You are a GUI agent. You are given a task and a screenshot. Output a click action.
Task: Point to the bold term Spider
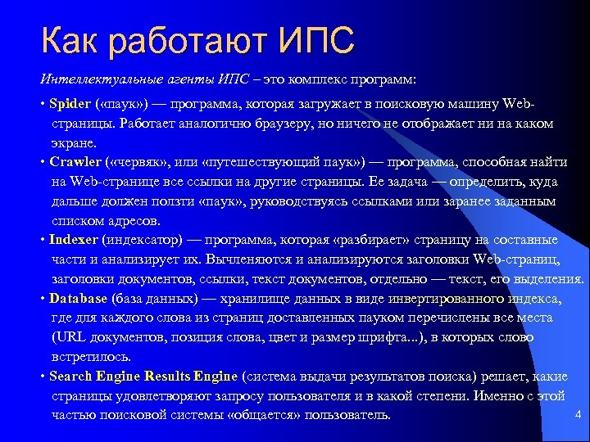pos(70,104)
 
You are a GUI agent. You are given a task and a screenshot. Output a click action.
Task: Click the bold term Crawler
pos(75,161)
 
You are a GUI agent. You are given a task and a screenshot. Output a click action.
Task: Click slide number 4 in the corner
pos(579,414)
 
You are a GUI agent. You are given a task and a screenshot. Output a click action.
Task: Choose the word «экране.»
pos(72,142)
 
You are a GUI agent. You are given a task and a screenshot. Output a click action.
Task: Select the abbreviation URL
pos(69,337)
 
